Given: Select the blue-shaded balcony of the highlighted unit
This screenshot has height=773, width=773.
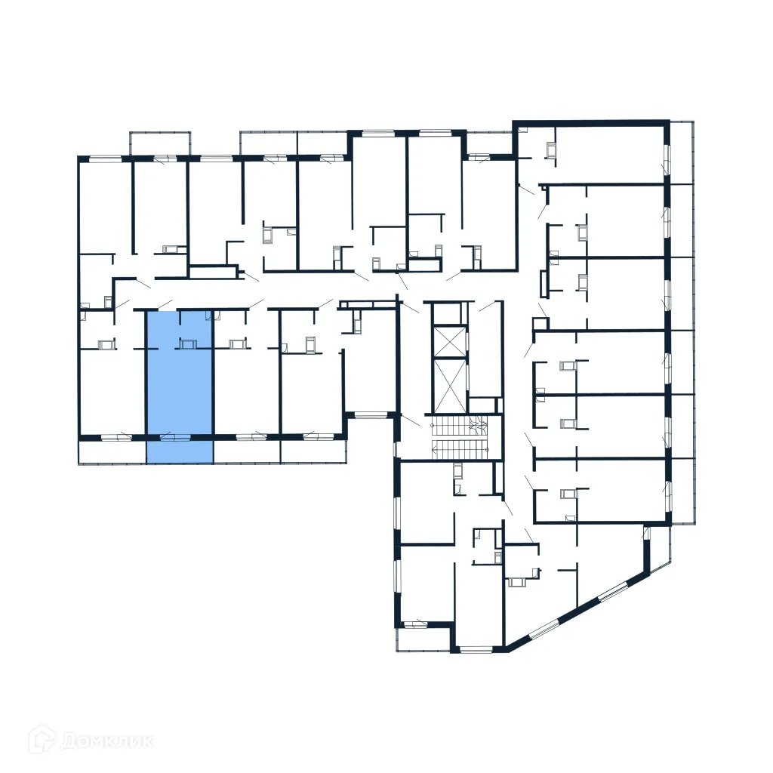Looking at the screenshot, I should pyautogui.click(x=179, y=451).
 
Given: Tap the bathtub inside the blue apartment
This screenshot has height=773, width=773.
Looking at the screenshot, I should pyautogui.click(x=186, y=344).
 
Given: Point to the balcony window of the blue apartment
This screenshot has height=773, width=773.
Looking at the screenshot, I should pyautogui.click(x=175, y=436).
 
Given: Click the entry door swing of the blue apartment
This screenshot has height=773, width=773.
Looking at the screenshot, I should pyautogui.click(x=165, y=305).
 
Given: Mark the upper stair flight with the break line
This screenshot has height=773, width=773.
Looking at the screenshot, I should pyautogui.click(x=460, y=427).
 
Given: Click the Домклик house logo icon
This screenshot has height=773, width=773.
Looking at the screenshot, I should pyautogui.click(x=42, y=741).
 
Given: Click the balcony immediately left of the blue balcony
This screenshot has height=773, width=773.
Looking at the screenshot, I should pyautogui.click(x=112, y=451).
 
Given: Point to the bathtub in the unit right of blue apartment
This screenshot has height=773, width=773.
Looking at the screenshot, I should pyautogui.click(x=238, y=344).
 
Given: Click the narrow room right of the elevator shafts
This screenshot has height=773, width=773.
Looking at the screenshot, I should pyautogui.click(x=485, y=351).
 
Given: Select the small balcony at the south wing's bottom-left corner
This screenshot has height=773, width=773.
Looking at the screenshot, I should pyautogui.click(x=423, y=639).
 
